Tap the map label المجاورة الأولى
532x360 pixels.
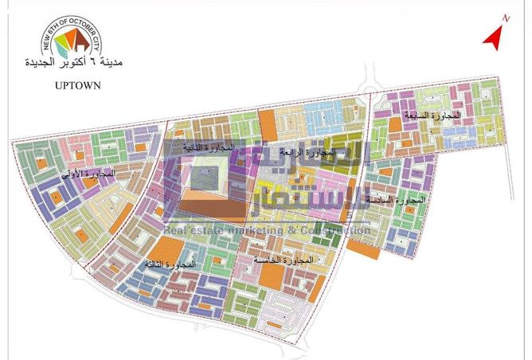click(x=92, y=173)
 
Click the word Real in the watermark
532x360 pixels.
click(x=176, y=231)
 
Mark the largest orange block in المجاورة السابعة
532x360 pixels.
click(x=394, y=123)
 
